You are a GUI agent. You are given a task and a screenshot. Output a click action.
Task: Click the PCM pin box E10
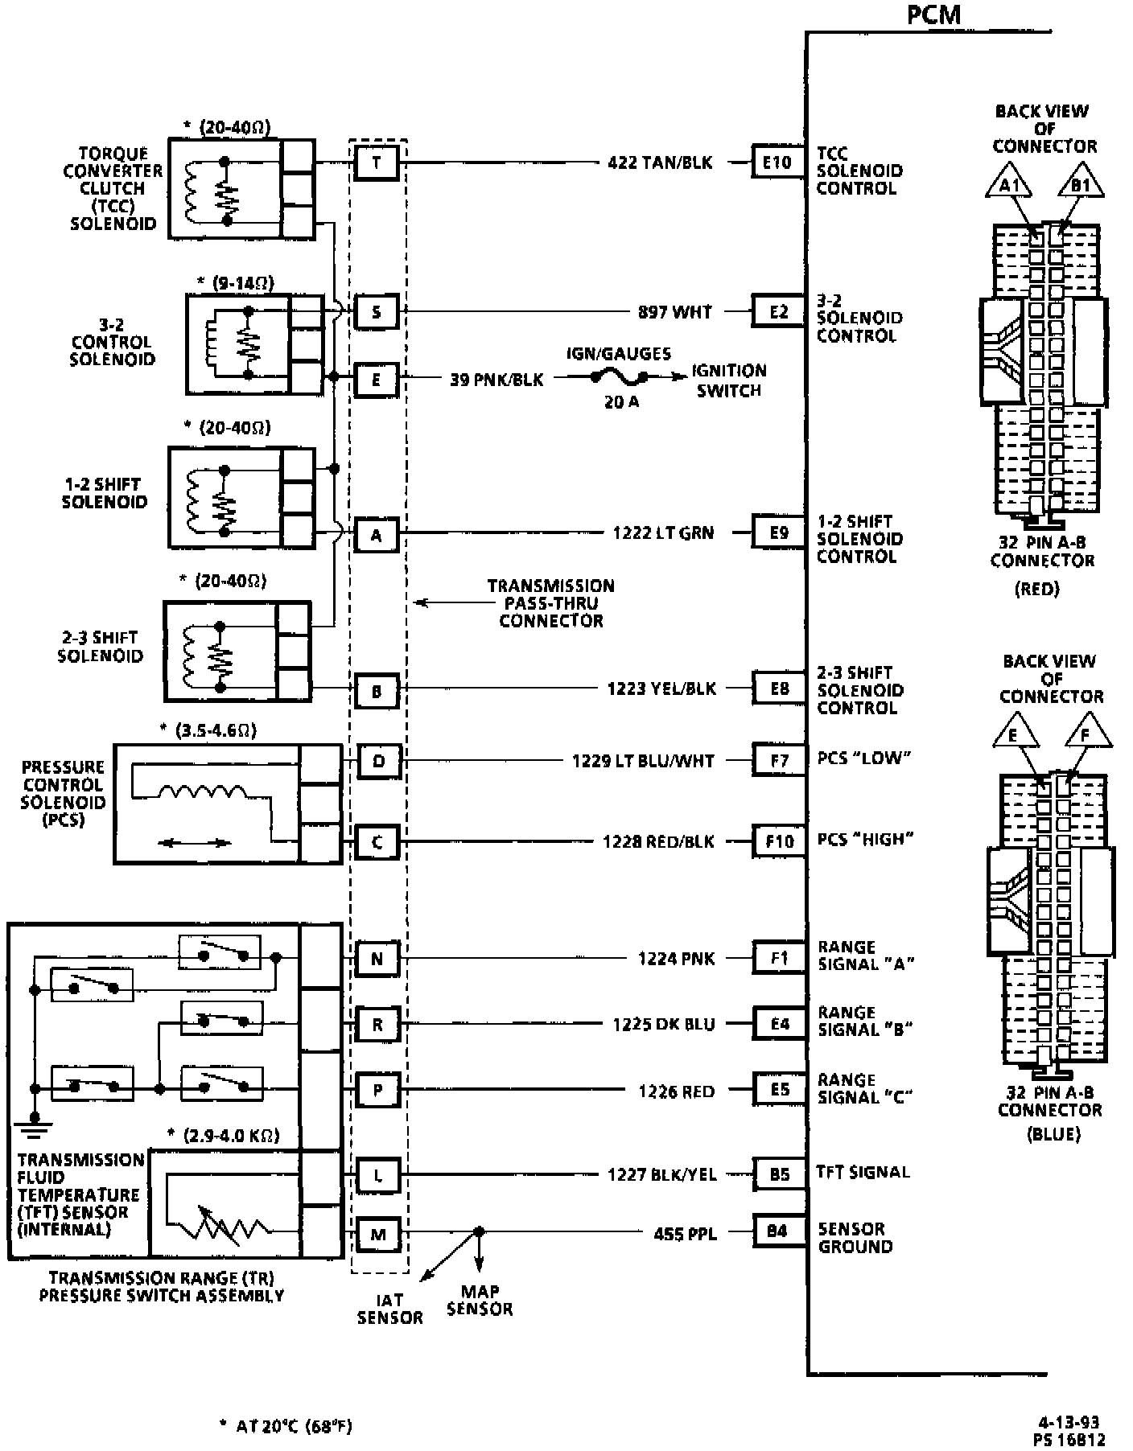pos(777,162)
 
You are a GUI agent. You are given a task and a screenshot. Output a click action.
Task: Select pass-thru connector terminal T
pos(377,162)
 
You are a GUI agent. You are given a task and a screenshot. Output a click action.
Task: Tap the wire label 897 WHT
pos(674,311)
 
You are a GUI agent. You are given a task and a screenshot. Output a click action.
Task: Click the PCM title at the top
pos(933,14)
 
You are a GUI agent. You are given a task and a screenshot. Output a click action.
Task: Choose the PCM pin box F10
pos(779,841)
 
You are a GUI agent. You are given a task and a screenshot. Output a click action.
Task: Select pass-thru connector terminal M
pos(377,1234)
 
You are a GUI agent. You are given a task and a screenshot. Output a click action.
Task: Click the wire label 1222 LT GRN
pos(662,532)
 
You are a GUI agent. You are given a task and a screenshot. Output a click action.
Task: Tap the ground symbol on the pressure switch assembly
pos(35,1123)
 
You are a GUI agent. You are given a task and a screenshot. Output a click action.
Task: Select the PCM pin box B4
pos(777,1231)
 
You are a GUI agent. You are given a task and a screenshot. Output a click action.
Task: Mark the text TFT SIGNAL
pos(863,1172)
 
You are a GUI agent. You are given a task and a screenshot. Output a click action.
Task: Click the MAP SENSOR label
pos(480,1301)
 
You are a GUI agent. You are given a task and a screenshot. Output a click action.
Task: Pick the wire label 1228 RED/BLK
pos(658,841)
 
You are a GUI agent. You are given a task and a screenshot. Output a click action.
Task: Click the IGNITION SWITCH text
pos(729,380)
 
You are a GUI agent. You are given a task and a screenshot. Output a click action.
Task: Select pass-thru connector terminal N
pos(377,959)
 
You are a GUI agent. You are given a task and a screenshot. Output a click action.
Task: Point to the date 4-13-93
pos(1069,1422)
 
